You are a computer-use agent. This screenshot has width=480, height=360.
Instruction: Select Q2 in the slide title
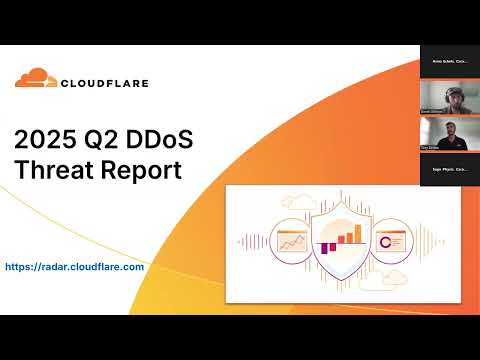coord(114,138)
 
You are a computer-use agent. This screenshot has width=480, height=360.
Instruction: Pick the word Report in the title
coord(140,169)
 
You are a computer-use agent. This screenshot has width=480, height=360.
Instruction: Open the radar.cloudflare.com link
coord(75,267)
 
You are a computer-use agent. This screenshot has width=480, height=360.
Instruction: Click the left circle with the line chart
coord(293,241)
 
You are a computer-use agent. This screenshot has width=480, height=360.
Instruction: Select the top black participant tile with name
coord(447,62)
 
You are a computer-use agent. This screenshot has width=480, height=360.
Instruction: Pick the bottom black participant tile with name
coord(447,171)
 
